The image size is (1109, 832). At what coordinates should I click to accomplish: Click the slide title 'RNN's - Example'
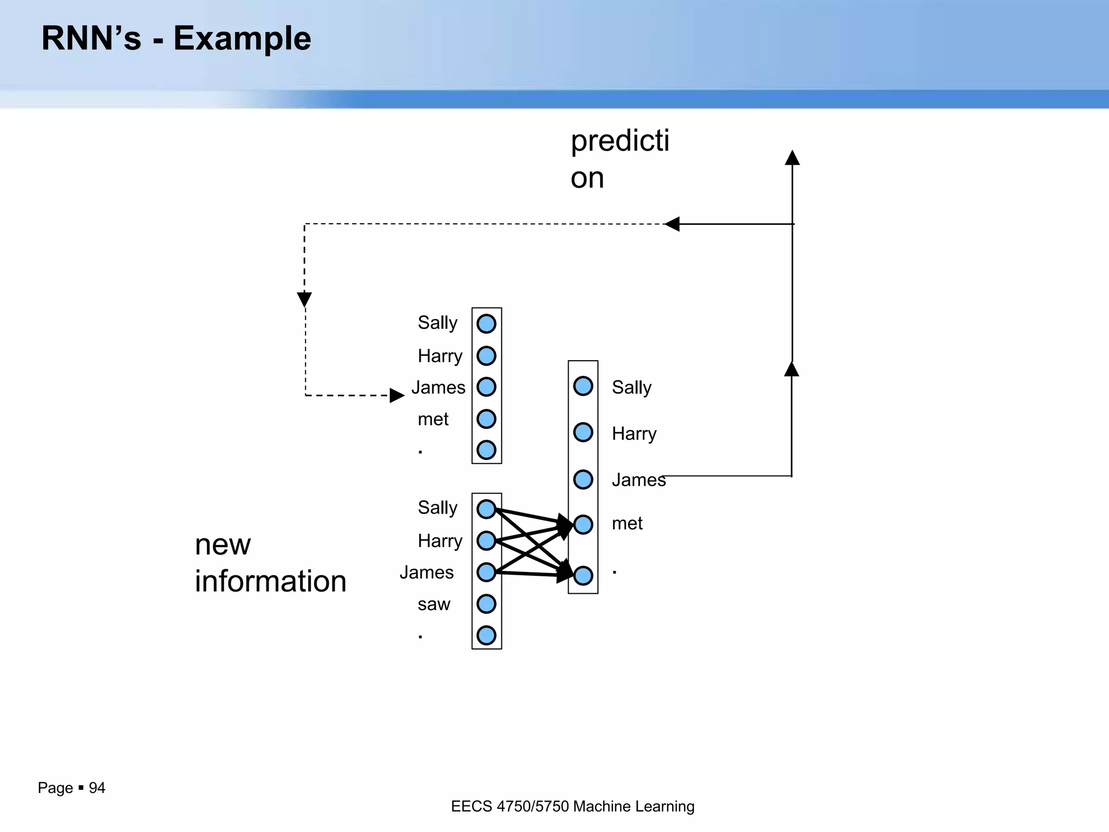point(176,38)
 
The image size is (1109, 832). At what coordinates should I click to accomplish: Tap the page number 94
point(97,788)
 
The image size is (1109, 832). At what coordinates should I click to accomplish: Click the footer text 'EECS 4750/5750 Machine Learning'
point(572,806)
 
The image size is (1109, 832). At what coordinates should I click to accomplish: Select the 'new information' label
point(270,563)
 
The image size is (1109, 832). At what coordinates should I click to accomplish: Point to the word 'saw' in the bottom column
point(434,604)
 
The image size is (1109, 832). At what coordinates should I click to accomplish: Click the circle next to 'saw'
point(486,603)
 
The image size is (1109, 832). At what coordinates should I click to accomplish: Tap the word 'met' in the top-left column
point(433,419)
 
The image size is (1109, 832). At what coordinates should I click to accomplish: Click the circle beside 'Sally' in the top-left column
point(486,324)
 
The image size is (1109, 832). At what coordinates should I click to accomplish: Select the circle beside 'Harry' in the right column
point(583,432)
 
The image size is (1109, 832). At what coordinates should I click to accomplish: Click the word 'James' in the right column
point(638,480)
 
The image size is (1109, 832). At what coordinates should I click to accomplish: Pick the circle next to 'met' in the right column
point(583,524)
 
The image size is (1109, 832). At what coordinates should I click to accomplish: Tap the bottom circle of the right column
point(583,575)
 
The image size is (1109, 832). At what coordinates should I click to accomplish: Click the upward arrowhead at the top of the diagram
point(792,158)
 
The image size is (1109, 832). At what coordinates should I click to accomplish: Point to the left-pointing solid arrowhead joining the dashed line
point(672,224)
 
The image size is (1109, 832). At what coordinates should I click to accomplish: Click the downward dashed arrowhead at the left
point(304,299)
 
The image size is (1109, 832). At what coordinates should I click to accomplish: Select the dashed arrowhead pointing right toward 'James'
point(396,395)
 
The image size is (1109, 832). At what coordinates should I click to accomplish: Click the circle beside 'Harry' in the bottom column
point(486,541)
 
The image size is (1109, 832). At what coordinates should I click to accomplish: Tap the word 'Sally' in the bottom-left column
point(438,508)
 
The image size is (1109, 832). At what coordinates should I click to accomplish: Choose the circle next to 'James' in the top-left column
point(486,387)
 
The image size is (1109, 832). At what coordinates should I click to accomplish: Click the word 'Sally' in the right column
point(631,387)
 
